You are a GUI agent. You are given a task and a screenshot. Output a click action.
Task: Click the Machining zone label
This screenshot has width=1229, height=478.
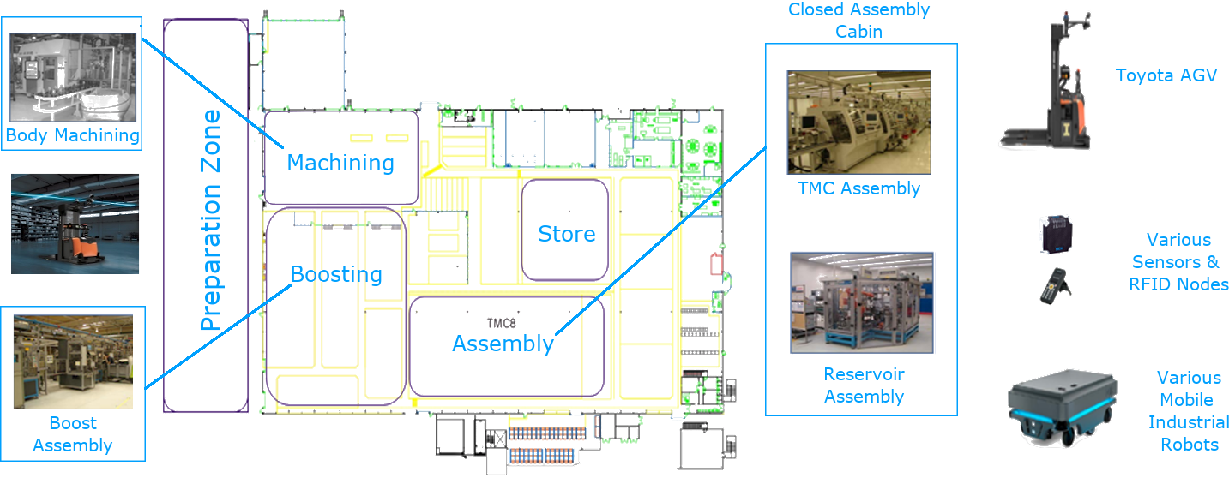pyautogui.click(x=340, y=162)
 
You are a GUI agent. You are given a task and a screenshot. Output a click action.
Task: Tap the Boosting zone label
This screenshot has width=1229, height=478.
pyautogui.click(x=336, y=274)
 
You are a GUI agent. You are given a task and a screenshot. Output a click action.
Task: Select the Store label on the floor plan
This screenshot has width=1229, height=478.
pyautogui.click(x=566, y=233)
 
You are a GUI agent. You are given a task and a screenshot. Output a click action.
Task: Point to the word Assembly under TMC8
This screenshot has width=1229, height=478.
pyautogui.click(x=503, y=344)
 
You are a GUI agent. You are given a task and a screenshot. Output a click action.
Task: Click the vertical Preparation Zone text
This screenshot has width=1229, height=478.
pyautogui.click(x=210, y=220)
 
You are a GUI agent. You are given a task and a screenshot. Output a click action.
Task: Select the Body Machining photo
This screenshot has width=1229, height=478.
pyautogui.click(x=73, y=77)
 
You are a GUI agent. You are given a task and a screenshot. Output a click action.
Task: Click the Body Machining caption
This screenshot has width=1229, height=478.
pyautogui.click(x=73, y=135)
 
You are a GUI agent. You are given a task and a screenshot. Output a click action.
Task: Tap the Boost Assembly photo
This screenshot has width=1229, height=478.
pyautogui.click(x=73, y=360)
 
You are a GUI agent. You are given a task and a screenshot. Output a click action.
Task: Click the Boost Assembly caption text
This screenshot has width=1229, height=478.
pyautogui.click(x=73, y=434)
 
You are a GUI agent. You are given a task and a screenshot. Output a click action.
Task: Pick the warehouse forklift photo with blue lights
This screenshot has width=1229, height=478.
pyautogui.click(x=75, y=224)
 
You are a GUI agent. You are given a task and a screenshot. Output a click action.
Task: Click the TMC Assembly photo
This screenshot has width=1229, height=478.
pyautogui.click(x=858, y=122)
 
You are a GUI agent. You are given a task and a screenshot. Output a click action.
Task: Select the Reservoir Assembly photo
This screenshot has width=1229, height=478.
pyautogui.click(x=861, y=302)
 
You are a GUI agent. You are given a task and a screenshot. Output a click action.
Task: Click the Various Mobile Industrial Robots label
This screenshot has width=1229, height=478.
pyautogui.click(x=1188, y=411)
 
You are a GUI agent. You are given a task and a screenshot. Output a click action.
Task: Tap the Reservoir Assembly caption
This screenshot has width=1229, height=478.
pyautogui.click(x=864, y=385)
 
